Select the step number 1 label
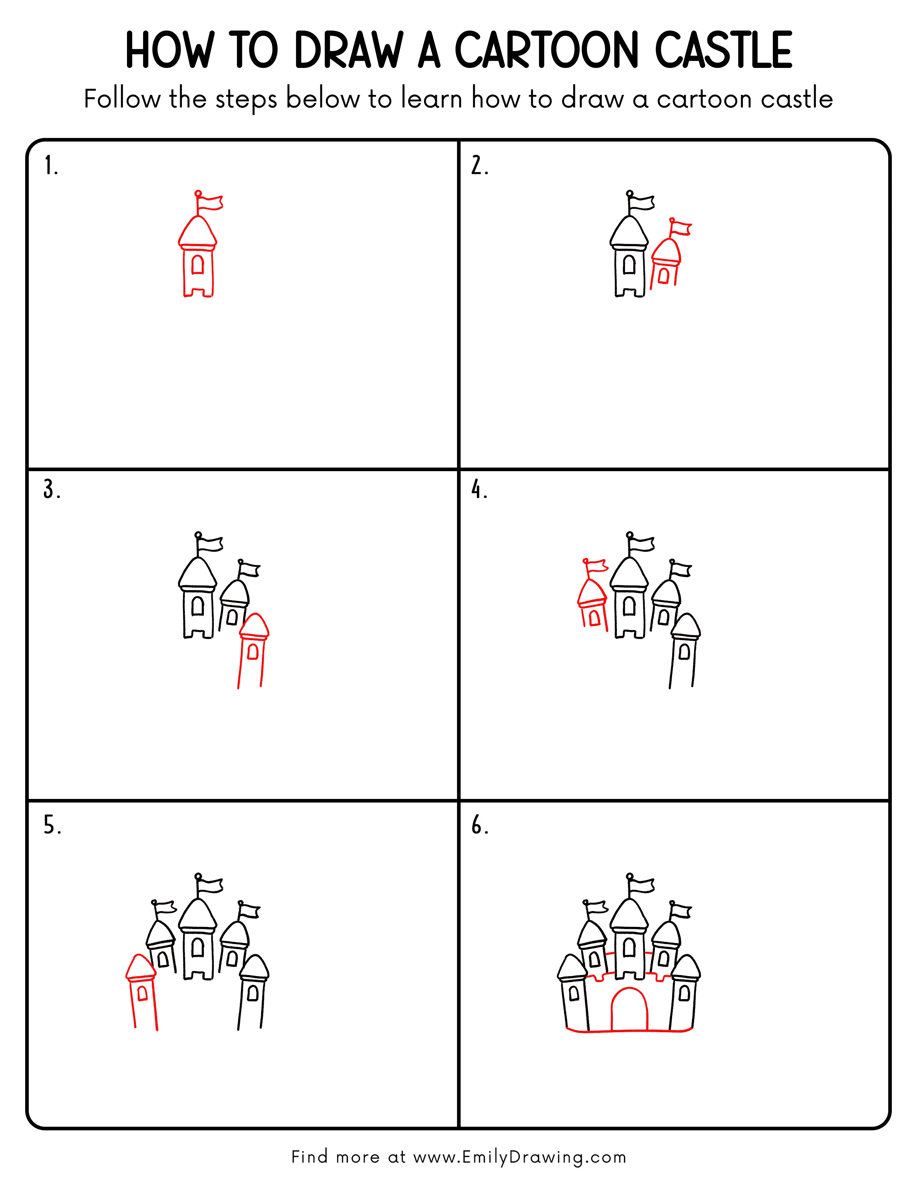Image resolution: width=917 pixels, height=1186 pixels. [50, 166]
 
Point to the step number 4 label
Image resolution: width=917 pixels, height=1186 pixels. [479, 490]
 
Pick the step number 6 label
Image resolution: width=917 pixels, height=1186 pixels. [479, 826]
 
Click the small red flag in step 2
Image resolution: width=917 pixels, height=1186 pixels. [682, 229]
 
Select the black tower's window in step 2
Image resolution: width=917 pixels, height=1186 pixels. [629, 265]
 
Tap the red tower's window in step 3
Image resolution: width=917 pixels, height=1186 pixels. [252, 651]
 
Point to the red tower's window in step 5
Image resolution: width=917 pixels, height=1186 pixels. [142, 993]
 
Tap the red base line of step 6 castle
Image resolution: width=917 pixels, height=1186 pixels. [629, 1030]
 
